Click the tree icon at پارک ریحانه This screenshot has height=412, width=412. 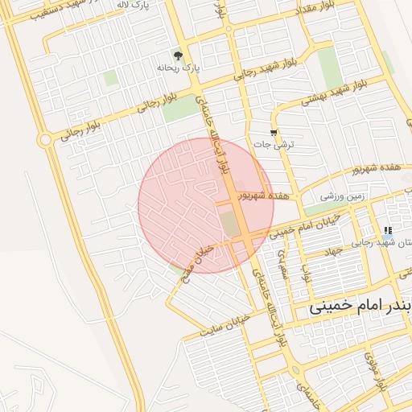coord(178,56)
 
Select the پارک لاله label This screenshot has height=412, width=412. coord(133,5)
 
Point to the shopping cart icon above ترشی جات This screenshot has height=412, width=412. coord(275,132)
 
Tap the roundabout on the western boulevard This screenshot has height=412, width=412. coord(45,140)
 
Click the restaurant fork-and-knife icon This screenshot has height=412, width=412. coord(389,231)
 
